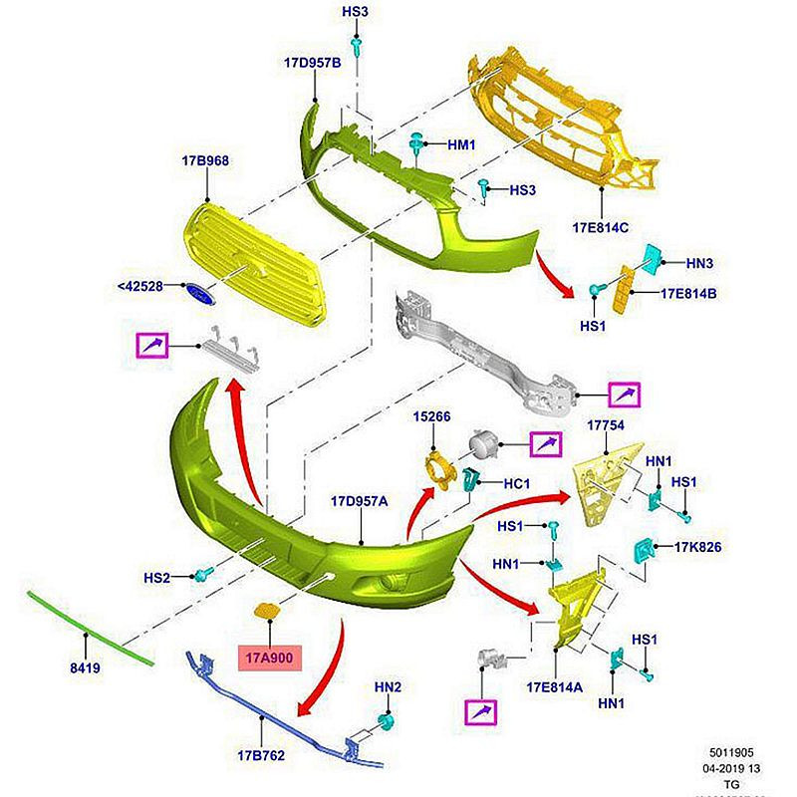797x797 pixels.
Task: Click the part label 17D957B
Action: pyautogui.click(x=312, y=62)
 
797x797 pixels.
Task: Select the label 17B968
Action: pyautogui.click(x=205, y=160)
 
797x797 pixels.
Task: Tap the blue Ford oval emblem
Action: pyautogui.click(x=199, y=294)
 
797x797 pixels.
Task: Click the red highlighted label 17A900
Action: pyautogui.click(x=269, y=659)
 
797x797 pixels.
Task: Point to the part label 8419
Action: pyautogui.click(x=86, y=668)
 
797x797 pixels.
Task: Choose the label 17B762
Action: pyautogui.click(x=261, y=755)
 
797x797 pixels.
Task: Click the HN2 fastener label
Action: pyautogui.click(x=387, y=687)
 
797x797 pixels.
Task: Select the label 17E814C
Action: pyautogui.click(x=601, y=227)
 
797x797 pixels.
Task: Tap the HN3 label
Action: pyautogui.click(x=701, y=263)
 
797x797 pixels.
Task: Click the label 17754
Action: pyautogui.click(x=604, y=424)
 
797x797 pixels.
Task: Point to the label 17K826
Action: pyautogui.click(x=697, y=547)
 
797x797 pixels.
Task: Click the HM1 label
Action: pyautogui.click(x=461, y=144)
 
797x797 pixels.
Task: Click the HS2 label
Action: pyautogui.click(x=157, y=577)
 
